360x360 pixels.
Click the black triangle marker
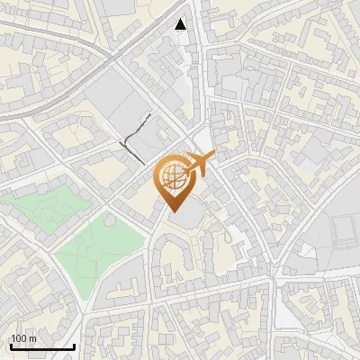(x=182, y=24)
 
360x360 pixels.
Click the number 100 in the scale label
(x=18, y=338)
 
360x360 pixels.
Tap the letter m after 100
(x=31, y=338)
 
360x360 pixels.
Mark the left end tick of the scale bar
(x=11, y=346)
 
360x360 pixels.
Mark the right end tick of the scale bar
(x=75, y=346)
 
